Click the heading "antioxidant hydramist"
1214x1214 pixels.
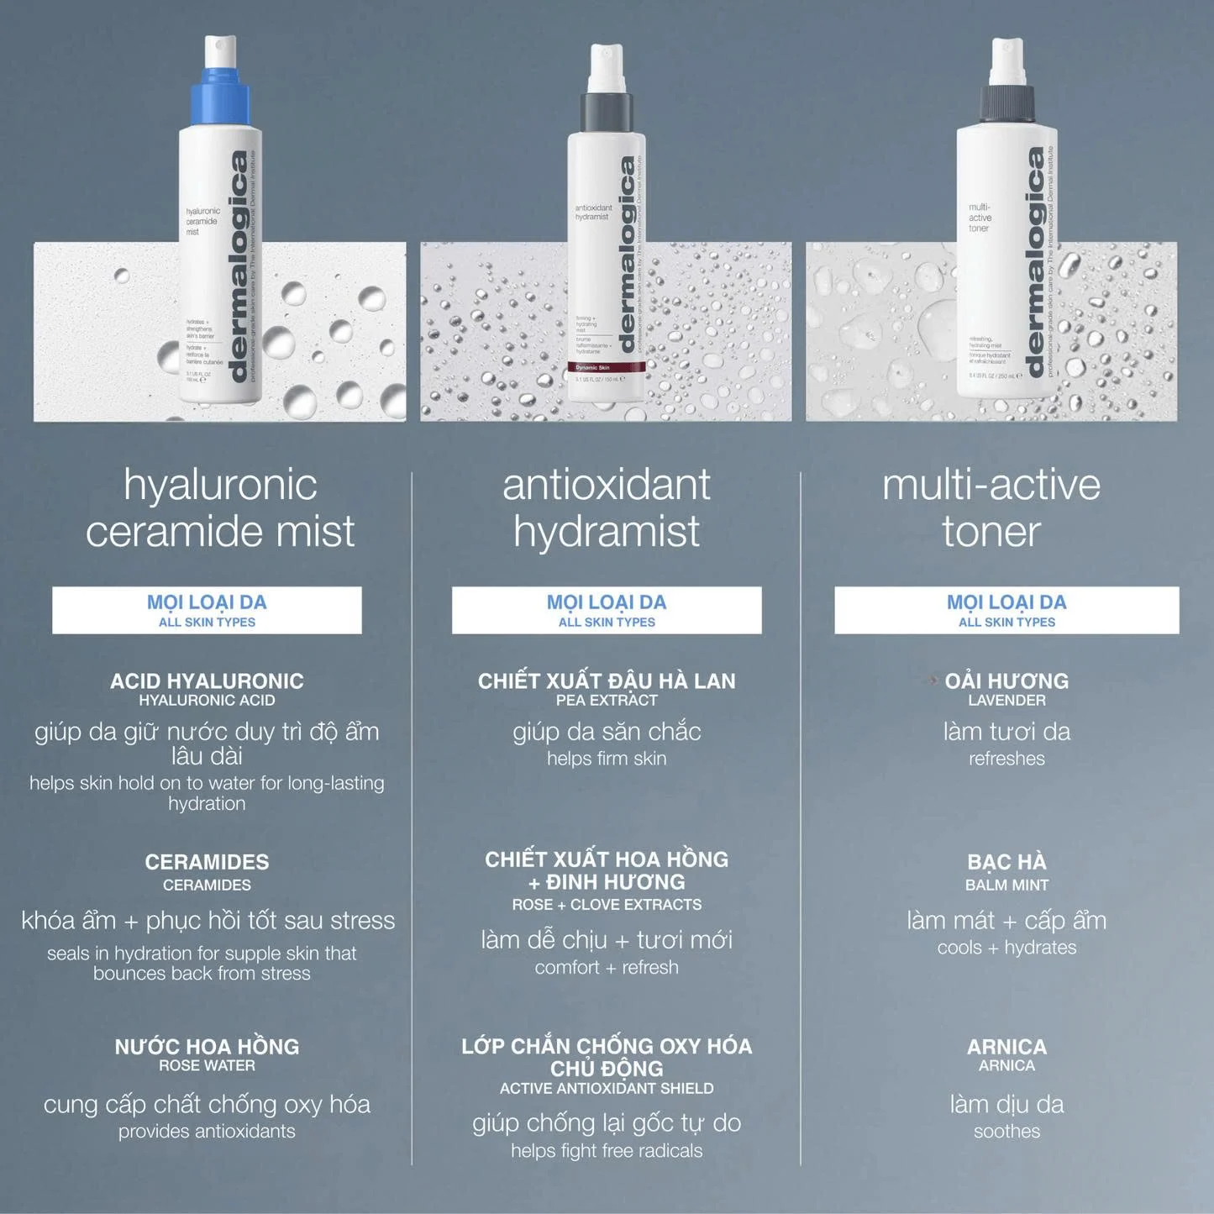pos(607,507)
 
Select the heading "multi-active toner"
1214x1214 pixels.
pos(991,507)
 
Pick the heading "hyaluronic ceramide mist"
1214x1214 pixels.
pos(220,507)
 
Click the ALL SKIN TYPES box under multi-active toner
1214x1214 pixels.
pos(1006,611)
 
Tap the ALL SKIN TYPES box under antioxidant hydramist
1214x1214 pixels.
pos(607,611)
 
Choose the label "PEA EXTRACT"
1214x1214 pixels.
pos(607,701)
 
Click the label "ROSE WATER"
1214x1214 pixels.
pos(207,1065)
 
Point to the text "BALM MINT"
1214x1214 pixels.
pos(1006,885)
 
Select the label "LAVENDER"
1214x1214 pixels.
pos(1006,701)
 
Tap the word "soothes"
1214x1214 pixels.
pos(1006,1132)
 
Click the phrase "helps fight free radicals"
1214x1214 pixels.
pos(607,1151)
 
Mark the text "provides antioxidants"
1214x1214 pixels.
pos(207,1132)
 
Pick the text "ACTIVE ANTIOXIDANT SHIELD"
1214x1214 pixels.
pos(607,1089)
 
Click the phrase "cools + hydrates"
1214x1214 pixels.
pos(1006,948)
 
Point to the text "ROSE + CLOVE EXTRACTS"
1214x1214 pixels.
pos(607,905)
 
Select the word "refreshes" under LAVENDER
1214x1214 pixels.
pos(1006,759)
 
